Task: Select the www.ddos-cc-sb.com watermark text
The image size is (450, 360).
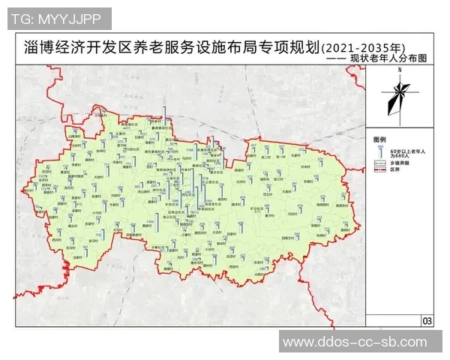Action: (x=363, y=343)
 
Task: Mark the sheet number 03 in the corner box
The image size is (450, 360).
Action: (x=427, y=321)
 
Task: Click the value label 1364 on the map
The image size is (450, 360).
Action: (x=149, y=222)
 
